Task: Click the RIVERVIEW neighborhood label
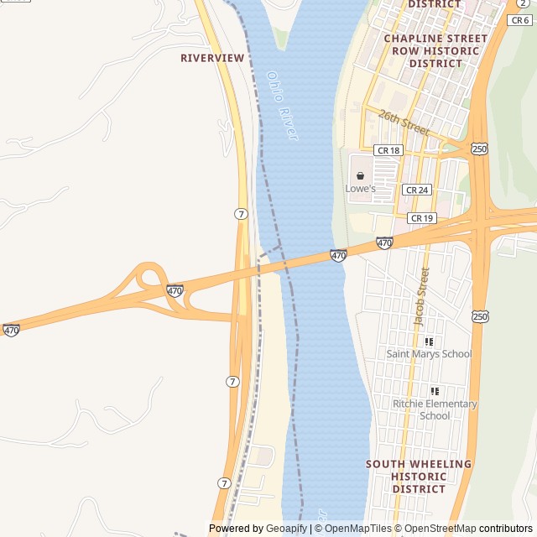point(212,58)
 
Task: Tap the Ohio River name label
point(282,104)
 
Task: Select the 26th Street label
point(403,123)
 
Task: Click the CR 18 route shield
point(388,150)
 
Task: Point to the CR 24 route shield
point(417,190)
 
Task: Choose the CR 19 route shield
point(421,218)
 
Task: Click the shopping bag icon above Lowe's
point(360,176)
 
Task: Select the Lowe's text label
point(361,189)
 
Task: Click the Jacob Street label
point(421,296)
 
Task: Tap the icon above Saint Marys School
point(429,341)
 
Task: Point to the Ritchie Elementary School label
point(435,409)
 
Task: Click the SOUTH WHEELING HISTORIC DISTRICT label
point(419,476)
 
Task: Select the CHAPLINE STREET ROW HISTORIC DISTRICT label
point(435,50)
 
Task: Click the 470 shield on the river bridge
point(338,255)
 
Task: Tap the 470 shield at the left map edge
point(11,331)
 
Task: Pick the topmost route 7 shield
point(242,214)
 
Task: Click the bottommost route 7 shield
point(224,483)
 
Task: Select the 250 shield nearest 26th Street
point(479,149)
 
